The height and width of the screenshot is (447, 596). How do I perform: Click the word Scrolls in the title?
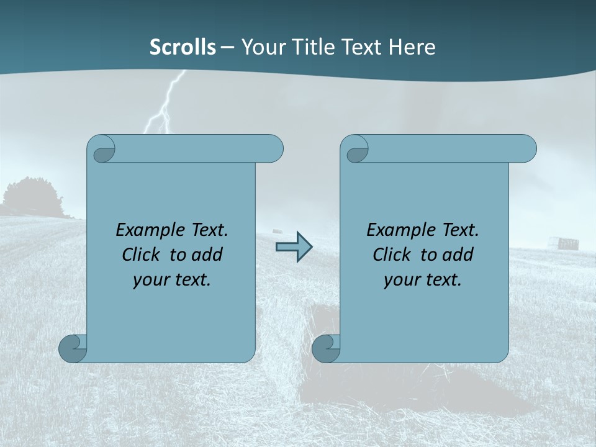(x=183, y=47)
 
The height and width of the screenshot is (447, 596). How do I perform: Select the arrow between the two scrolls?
(x=294, y=247)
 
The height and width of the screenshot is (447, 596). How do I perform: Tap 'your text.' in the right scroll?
(x=423, y=279)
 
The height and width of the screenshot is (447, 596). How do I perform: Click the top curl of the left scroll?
(x=101, y=150)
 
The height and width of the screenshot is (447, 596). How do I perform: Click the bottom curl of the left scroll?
(x=73, y=348)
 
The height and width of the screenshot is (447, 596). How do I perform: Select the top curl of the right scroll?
(x=354, y=150)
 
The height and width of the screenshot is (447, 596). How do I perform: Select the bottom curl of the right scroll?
(x=326, y=348)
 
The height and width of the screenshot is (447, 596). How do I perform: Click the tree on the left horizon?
(x=31, y=197)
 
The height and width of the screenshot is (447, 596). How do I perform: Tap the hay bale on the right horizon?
(x=567, y=242)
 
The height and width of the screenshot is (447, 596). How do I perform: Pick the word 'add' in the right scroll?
(x=458, y=255)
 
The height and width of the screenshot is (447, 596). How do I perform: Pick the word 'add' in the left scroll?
(x=207, y=255)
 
